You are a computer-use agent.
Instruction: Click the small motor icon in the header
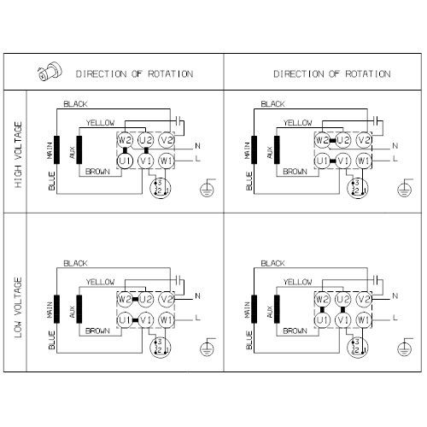click(50, 71)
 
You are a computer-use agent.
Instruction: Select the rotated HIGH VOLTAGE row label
click(18, 155)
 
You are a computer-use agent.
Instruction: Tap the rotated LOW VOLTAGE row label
click(18, 307)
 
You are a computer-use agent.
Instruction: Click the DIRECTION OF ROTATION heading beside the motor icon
click(134, 74)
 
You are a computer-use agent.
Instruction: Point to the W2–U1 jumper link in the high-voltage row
click(125, 150)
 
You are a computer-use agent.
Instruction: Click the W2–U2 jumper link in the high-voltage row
click(332, 140)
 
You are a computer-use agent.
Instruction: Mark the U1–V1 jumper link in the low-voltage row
click(135, 320)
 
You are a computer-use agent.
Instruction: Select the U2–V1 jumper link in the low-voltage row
click(342, 309)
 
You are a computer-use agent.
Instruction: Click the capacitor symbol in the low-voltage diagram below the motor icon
click(179, 279)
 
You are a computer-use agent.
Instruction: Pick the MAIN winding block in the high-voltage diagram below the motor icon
click(57, 150)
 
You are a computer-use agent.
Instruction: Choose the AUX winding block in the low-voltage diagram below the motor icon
click(79, 309)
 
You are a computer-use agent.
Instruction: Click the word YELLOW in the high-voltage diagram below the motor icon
click(100, 123)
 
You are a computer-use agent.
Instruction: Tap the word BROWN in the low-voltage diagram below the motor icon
click(97, 330)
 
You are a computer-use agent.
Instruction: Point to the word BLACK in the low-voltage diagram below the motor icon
click(75, 263)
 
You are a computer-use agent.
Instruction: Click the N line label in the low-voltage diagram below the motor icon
click(197, 296)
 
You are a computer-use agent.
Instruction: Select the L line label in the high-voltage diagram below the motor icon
click(198, 158)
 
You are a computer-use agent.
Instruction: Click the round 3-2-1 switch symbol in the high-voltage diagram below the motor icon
click(160, 188)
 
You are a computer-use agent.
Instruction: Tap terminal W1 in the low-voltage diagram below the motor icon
click(167, 320)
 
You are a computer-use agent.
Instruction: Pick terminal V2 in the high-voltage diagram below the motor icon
click(167, 140)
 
